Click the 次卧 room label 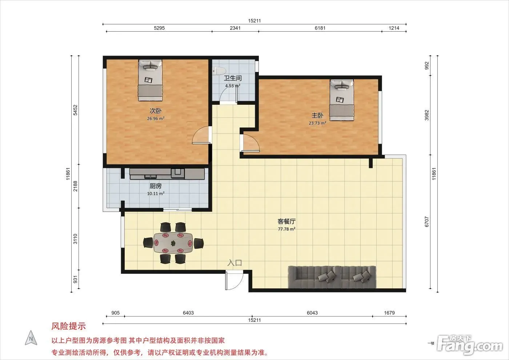pyautogui.click(x=156, y=111)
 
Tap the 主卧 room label pyautogui.click(x=317, y=116)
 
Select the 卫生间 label pyautogui.click(x=233, y=78)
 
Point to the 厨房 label pyautogui.click(x=156, y=186)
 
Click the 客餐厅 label pyautogui.click(x=286, y=221)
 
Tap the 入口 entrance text pyautogui.click(x=235, y=263)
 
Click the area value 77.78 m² pyautogui.click(x=286, y=229)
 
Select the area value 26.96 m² pyautogui.click(x=156, y=119)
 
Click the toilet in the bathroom pyautogui.click(x=219, y=71)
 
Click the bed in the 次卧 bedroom pyautogui.click(x=150, y=80)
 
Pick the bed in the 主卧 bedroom pyautogui.click(x=341, y=100)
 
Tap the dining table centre pyautogui.click(x=173, y=243)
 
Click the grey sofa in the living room pyautogui.click(x=332, y=277)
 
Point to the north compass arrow pyautogui.click(x=31, y=338)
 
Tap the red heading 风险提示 pyautogui.click(x=68, y=326)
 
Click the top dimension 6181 pyautogui.click(x=320, y=28)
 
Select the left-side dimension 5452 pyautogui.click(x=75, y=110)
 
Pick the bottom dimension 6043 pyautogui.click(x=312, y=313)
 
